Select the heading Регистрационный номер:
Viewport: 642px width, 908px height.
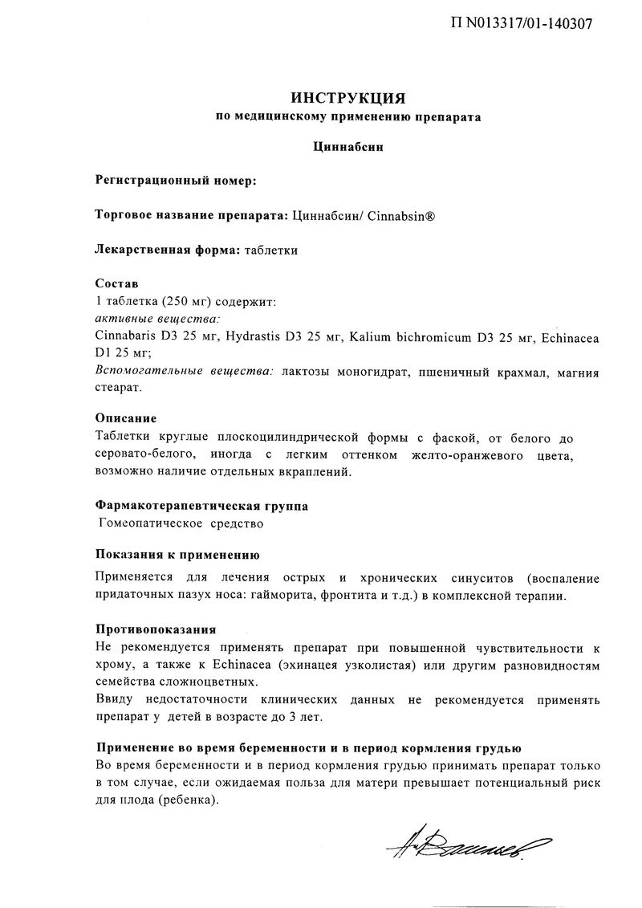[x=176, y=181]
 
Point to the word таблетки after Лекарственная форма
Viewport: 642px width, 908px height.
[x=271, y=250]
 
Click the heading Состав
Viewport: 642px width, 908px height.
[x=116, y=284]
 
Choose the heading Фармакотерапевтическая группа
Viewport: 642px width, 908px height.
[x=201, y=507]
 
